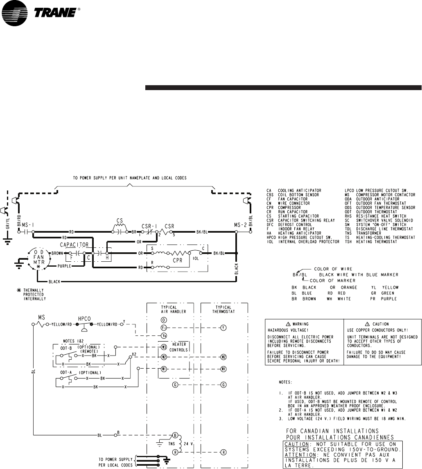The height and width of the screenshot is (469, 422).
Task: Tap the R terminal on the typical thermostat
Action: click(223, 452)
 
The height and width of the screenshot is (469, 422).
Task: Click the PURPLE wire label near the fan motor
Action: click(64, 267)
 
